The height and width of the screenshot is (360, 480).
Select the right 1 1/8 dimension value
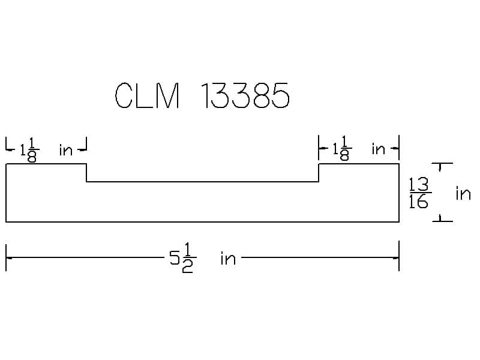pos(343,149)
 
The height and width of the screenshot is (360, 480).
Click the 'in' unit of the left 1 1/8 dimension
pos(65,150)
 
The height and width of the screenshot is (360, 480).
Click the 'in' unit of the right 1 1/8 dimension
pos(378,149)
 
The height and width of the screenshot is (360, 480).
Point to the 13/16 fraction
pos(418,193)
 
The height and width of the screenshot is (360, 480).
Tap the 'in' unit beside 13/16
pos(463,193)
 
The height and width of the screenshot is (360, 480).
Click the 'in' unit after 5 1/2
pos(228,259)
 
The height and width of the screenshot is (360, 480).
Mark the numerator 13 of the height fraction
pos(418,185)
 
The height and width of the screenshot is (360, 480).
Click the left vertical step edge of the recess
pos(86,173)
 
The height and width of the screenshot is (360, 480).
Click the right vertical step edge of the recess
pos(319,173)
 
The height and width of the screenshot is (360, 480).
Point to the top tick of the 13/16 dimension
pos(442,164)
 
